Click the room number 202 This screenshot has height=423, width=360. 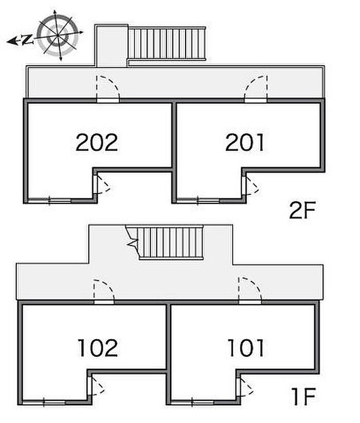point(97,142)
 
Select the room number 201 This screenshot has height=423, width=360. point(245,142)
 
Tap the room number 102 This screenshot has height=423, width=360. point(98,348)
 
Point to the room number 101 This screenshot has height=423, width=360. point(246,348)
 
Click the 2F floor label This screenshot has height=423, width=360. point(302,210)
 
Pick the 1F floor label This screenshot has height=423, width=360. point(303,396)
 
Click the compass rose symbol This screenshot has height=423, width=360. point(58,35)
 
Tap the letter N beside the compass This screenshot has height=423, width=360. point(27,40)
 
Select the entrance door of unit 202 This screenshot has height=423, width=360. point(108,89)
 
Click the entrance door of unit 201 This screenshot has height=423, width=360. point(256,89)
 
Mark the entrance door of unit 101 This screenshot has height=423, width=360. point(250,291)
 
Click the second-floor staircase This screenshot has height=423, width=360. point(167,43)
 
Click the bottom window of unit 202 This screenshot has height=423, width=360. point(49,200)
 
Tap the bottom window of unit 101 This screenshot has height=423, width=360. point(192,403)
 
